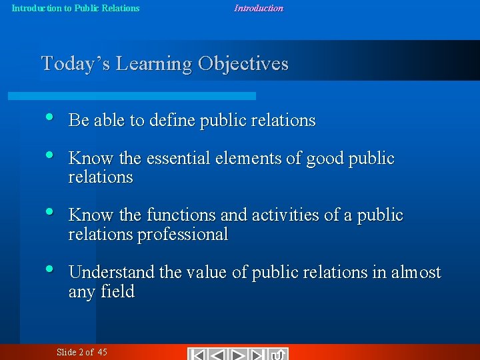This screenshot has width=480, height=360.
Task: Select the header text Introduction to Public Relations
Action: click(76, 8)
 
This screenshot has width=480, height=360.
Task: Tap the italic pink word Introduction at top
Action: click(259, 8)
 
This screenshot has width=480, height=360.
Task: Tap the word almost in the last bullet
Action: click(416, 273)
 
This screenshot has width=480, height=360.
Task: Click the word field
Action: click(118, 292)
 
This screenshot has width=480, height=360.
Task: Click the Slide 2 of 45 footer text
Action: click(81, 352)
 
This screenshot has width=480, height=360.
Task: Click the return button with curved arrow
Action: click(279, 354)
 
